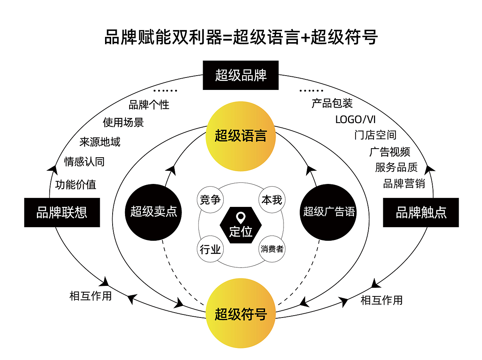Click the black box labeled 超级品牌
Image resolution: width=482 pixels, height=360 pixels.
coord(241,75)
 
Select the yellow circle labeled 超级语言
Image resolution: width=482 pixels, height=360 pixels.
coord(241,136)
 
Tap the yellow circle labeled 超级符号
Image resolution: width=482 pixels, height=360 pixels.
coord(241,313)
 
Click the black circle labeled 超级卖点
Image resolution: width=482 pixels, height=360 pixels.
coord(153,212)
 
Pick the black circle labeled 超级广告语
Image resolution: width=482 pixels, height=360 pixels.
coord(328,212)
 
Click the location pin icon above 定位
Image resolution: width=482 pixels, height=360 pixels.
coord(241,217)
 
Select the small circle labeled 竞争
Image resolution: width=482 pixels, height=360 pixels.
coord(210,200)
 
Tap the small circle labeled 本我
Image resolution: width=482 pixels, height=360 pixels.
coord(272,200)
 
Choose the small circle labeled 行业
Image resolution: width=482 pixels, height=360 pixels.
coord(210,249)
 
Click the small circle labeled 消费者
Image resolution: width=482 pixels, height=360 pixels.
coord(272,249)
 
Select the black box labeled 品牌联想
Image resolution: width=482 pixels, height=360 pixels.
coord(62,213)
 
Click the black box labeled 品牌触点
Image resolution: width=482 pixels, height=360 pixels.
coord(421,213)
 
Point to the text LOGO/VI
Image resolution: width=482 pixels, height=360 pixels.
coord(355,120)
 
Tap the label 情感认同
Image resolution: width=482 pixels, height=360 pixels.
coord(84,162)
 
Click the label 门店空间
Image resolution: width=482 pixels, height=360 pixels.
coord(375,135)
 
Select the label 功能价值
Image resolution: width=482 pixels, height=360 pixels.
coord(76,185)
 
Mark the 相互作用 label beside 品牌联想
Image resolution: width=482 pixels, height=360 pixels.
coord(91,296)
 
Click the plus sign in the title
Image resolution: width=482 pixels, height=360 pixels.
coord(305,38)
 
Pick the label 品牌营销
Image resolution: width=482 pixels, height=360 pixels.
coord(404,184)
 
